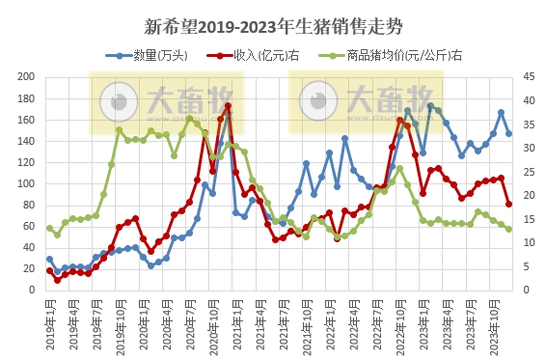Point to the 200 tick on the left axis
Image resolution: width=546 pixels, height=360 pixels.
coord(26,77)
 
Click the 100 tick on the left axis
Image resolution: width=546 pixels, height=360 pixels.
coord(26,183)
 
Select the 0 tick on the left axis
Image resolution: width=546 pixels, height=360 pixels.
coord(32,290)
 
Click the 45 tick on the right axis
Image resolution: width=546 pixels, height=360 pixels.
coord(527,77)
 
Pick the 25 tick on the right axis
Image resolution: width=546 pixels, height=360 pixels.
coord(527,172)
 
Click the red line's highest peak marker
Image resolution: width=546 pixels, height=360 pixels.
coord(228,106)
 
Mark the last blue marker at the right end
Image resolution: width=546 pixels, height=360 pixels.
coord(508,133)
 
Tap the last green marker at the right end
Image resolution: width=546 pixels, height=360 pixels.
coord(508,229)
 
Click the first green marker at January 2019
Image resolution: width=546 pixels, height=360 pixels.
coord(49,229)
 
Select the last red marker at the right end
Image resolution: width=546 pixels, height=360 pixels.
coord(508,204)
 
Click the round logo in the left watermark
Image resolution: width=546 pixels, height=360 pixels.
coord(120,100)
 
